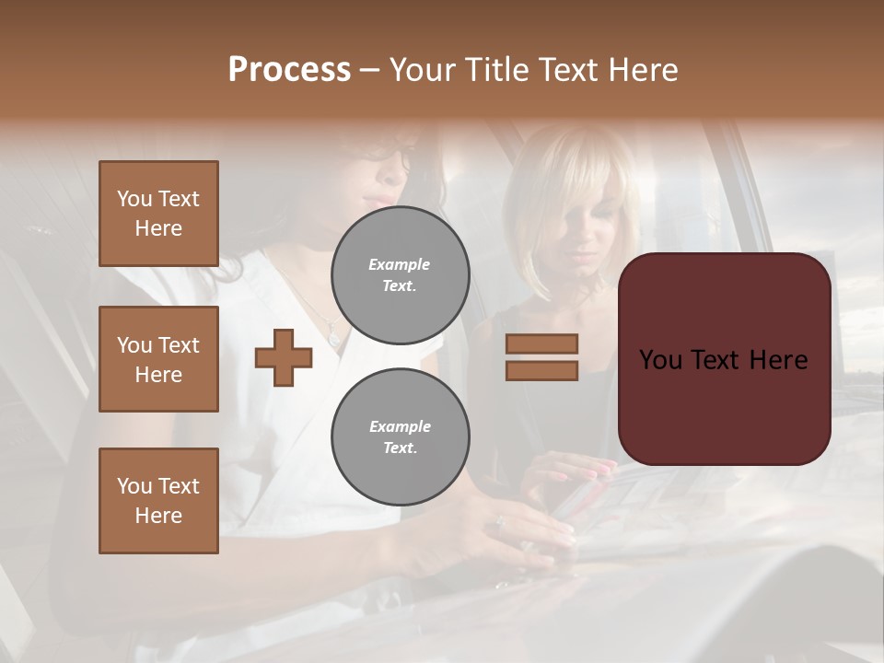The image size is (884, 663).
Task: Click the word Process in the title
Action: (x=289, y=70)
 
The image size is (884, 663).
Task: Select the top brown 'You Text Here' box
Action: (x=158, y=214)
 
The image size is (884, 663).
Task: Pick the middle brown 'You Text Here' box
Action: (x=158, y=359)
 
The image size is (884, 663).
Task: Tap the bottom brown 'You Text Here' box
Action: (x=158, y=500)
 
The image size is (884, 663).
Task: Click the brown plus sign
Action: (x=284, y=358)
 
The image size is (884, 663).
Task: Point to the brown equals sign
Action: (x=541, y=357)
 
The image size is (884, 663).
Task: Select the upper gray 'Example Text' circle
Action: (x=400, y=275)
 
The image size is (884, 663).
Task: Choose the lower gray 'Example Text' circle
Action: (x=400, y=437)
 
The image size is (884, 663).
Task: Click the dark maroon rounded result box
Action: (x=724, y=359)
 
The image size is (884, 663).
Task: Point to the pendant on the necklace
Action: (x=333, y=337)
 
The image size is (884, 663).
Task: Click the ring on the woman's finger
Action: (x=500, y=527)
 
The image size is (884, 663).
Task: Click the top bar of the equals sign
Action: (x=541, y=344)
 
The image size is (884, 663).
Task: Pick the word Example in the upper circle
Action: (x=400, y=264)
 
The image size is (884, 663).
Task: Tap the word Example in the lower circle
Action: (x=400, y=426)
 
